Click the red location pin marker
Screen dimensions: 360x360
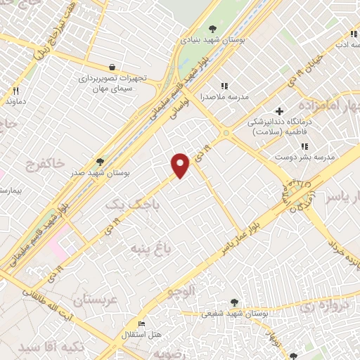coord(181,165)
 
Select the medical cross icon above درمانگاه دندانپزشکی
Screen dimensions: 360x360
coord(279,110)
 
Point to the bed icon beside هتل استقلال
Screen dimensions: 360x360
coord(141,324)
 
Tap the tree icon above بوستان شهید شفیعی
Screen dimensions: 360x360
coord(234,302)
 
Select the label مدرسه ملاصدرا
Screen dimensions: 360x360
coord(224,97)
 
